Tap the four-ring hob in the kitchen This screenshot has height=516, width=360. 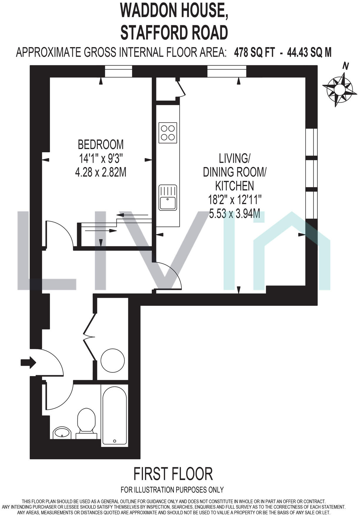click(x=168, y=133)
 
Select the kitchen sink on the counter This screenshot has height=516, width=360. click(x=168, y=198)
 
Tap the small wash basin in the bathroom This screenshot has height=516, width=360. click(x=62, y=432)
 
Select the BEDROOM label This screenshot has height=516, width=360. click(x=101, y=145)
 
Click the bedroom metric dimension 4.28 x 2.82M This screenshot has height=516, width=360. click(x=101, y=172)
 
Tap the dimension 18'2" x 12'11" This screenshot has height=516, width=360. click(x=234, y=200)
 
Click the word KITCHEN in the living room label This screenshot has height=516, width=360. click(x=234, y=186)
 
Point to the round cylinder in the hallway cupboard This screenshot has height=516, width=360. click(x=113, y=360)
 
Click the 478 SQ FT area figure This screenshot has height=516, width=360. click(x=254, y=53)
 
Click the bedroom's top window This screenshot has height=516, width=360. click(x=119, y=71)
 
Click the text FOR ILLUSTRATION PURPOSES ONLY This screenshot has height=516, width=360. click(x=172, y=490)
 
